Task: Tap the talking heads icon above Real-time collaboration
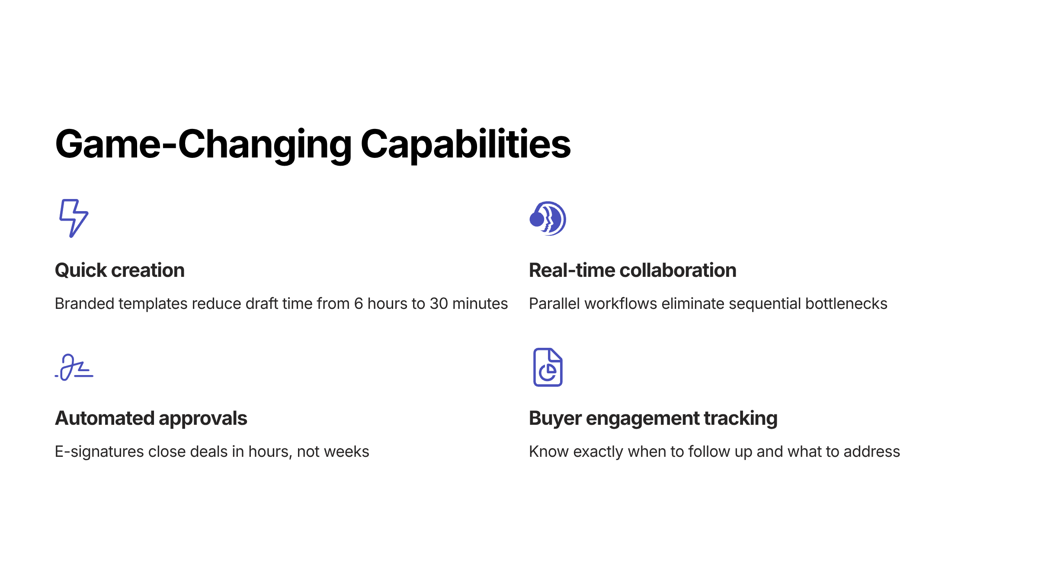tap(548, 218)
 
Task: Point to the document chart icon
tap(548, 367)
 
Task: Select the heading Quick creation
tap(120, 270)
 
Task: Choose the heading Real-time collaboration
tap(633, 270)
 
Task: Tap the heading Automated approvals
tap(151, 418)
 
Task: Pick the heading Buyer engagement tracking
tap(653, 418)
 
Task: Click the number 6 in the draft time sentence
tap(359, 304)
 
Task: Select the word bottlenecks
tap(846, 304)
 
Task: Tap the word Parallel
tap(554, 304)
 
